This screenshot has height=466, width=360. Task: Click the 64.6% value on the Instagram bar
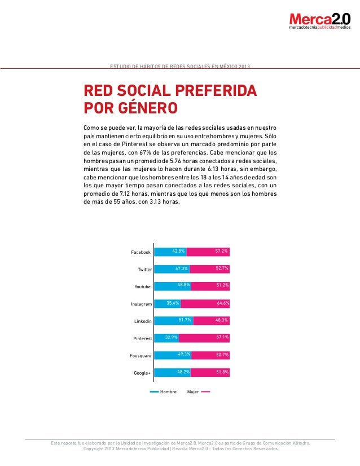coord(222,304)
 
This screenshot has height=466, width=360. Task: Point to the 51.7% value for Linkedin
coord(185,320)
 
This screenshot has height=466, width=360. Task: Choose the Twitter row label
coord(144,270)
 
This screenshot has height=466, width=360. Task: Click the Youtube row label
coord(142,287)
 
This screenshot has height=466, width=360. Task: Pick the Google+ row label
coord(142,373)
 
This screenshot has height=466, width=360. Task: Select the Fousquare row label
coord(141,355)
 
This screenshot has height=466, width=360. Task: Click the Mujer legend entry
coord(193,392)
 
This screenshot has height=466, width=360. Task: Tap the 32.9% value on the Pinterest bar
coord(171,338)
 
